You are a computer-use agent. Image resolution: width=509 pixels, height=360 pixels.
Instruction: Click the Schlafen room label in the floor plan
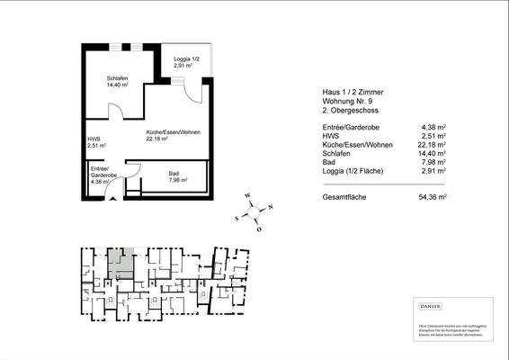[x=117, y=82]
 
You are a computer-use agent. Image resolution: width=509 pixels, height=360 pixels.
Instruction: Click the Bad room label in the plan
[x=177, y=176]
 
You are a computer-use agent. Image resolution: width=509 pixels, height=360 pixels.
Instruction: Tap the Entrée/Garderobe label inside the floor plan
[x=99, y=175]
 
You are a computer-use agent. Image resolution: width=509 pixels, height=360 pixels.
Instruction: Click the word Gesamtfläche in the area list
[x=345, y=196]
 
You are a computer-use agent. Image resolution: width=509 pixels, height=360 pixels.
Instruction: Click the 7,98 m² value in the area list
[x=434, y=162]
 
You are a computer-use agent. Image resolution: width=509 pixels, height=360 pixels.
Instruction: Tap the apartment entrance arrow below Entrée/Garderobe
[x=112, y=200]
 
